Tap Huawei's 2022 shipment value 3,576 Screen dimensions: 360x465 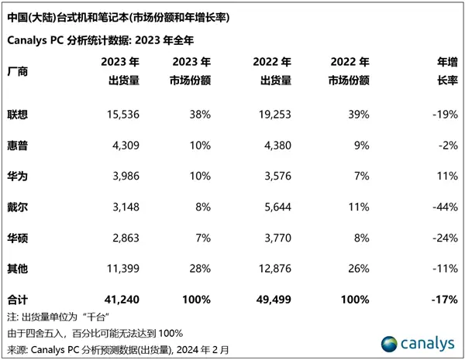click(276, 176)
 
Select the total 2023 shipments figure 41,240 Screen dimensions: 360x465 click(121, 298)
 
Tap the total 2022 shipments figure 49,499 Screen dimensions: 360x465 click(274, 298)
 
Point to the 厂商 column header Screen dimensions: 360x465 click(16, 71)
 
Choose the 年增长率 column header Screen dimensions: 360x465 click(444, 70)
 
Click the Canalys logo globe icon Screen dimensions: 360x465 click(390, 341)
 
